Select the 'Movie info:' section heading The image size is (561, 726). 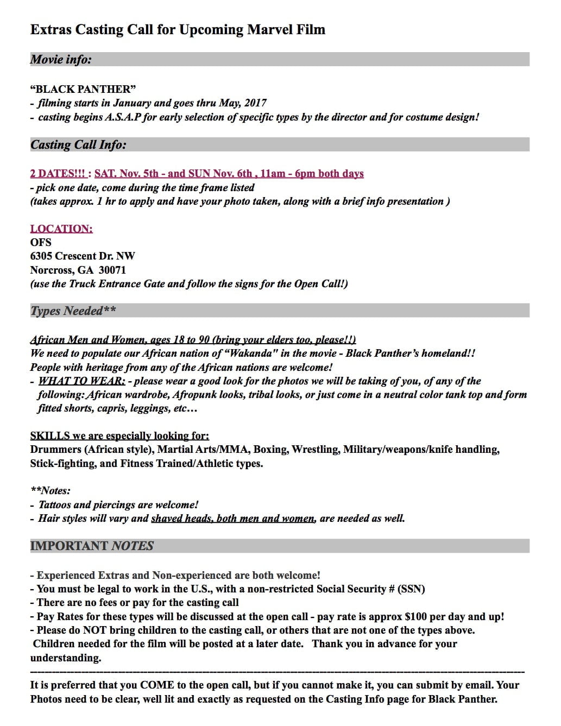tap(61, 60)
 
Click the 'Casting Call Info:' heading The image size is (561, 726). tap(78, 145)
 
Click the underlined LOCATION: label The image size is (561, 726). tap(61, 229)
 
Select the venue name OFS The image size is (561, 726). tap(41, 242)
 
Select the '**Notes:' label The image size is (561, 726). tap(51, 491)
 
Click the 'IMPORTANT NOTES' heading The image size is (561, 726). tap(92, 546)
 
